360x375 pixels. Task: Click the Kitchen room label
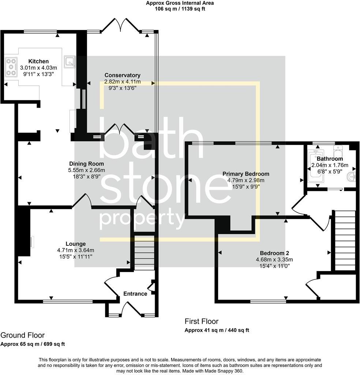[x=38, y=62]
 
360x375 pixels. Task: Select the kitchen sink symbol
[x=69, y=62]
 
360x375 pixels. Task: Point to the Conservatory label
[x=122, y=75]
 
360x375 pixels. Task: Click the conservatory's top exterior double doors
[x=121, y=26]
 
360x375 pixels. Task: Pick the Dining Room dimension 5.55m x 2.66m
[x=87, y=170]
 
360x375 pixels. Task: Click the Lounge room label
[x=76, y=244]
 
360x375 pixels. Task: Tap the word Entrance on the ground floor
[x=135, y=294]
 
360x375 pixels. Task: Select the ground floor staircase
[x=145, y=253]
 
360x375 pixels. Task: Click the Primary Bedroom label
[x=245, y=174]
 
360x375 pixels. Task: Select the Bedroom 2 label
[x=274, y=253]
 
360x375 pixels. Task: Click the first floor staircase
[x=345, y=240]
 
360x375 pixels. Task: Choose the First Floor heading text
[x=201, y=322]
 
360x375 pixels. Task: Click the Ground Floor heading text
[x=23, y=335]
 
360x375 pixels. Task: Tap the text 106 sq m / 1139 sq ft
[x=180, y=9]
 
